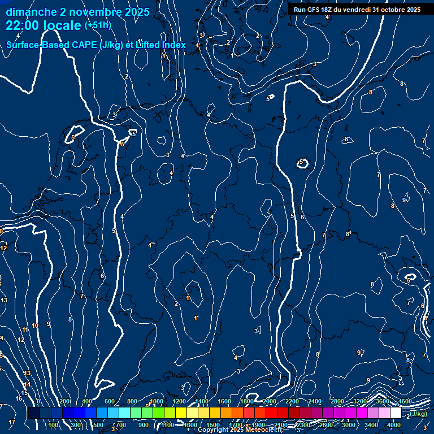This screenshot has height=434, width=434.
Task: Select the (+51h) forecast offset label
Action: click(x=97, y=25)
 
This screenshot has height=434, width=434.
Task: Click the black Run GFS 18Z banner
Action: click(x=357, y=10)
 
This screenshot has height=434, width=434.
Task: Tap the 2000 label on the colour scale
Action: click(x=270, y=401)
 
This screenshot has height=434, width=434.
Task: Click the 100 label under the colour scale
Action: click(x=54, y=425)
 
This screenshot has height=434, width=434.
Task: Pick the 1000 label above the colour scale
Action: click(x=157, y=401)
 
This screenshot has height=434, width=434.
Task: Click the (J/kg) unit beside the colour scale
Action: click(x=419, y=414)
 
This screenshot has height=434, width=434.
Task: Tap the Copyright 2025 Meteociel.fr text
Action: click(x=239, y=430)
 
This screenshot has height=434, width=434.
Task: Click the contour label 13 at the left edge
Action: click(x=4, y=300)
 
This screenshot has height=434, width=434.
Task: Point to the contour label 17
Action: click(x=12, y=422)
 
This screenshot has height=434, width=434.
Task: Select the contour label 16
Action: click(x=19, y=398)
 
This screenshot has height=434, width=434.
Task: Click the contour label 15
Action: click(x=24, y=393)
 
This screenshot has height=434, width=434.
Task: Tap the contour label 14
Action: click(x=27, y=384)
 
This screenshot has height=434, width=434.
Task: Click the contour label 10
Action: click(x=35, y=325)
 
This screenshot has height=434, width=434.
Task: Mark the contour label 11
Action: click(x=25, y=329)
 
